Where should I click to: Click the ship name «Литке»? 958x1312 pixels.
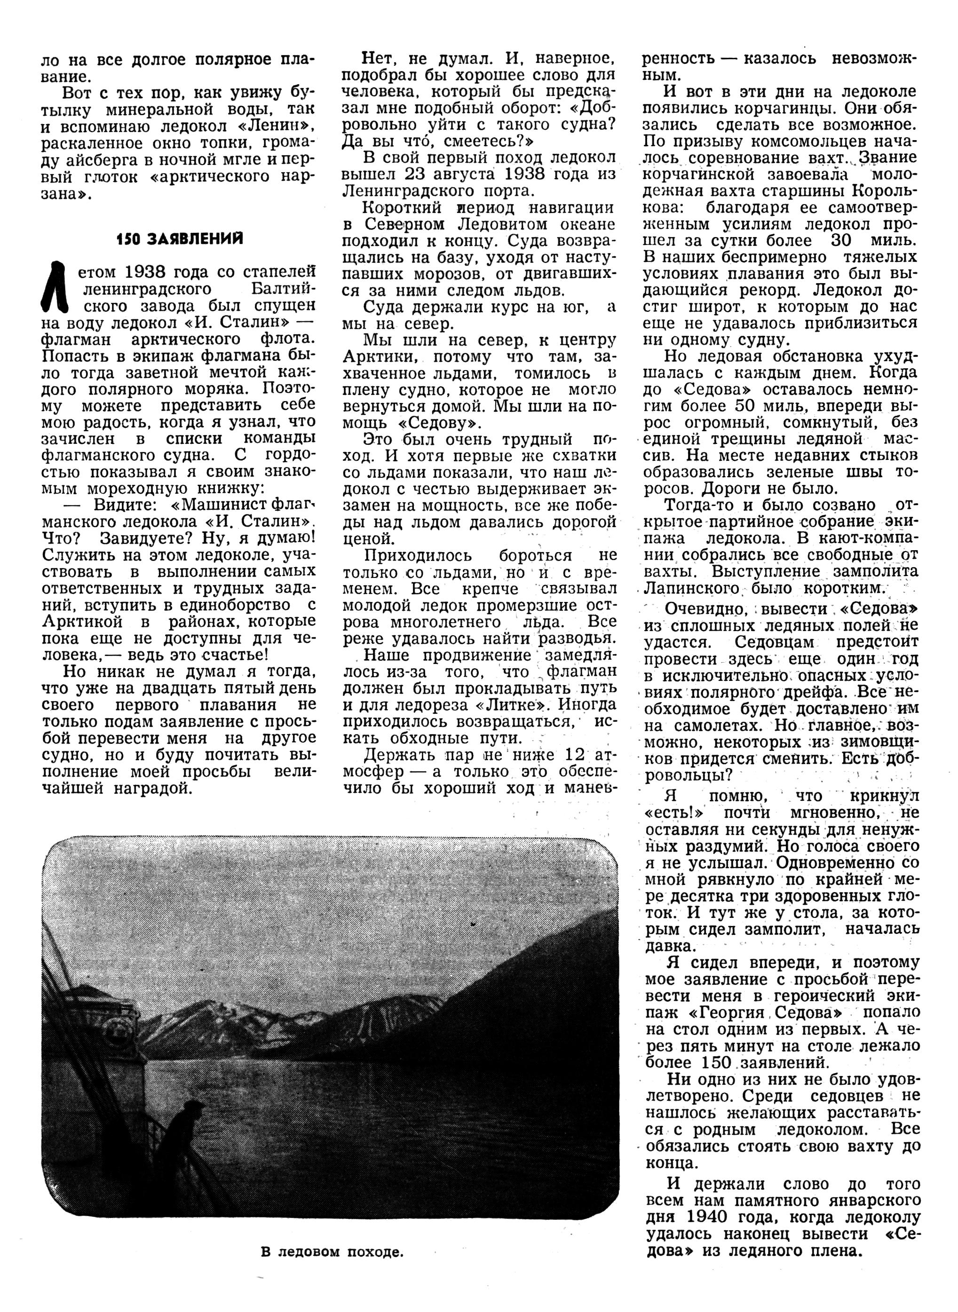click(527, 705)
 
